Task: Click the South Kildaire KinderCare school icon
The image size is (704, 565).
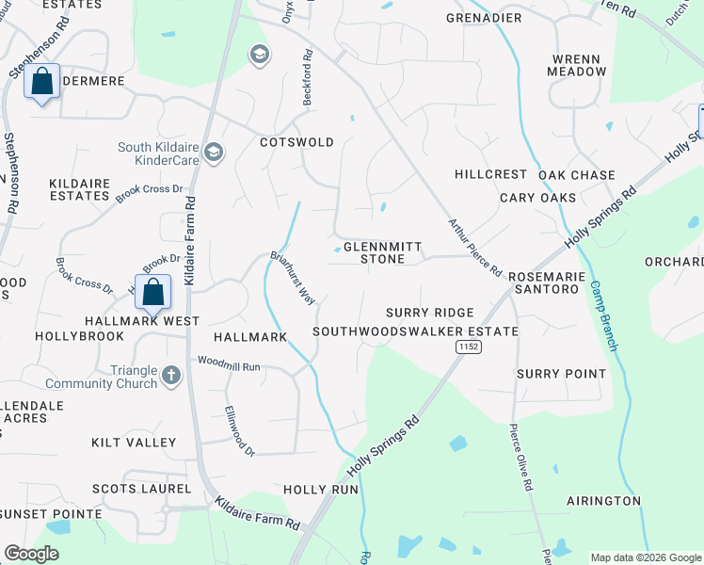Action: [x=215, y=153]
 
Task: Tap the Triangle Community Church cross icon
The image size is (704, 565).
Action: [x=170, y=376]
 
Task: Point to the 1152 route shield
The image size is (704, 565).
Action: [x=468, y=347]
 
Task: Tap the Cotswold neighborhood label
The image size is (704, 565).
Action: [x=296, y=142]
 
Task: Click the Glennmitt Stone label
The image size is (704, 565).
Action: [x=374, y=251]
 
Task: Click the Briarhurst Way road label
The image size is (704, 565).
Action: [x=293, y=277]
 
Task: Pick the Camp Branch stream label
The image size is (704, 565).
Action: [x=603, y=316]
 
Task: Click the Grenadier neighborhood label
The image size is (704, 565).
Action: [x=484, y=18]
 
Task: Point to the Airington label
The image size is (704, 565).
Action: [x=603, y=501]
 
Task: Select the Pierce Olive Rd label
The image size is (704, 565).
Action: [x=520, y=457]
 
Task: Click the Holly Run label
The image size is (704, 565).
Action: [x=321, y=490]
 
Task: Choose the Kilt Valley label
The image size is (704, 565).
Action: [x=134, y=442]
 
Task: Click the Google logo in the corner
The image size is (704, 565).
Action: [x=32, y=554]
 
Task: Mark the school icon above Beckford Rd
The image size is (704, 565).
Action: [x=259, y=56]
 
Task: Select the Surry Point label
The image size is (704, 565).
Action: [x=561, y=374]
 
